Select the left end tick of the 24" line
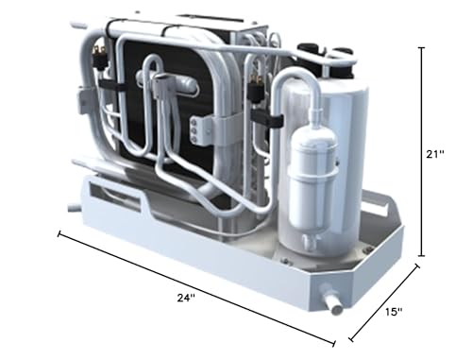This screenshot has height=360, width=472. tap(61, 232)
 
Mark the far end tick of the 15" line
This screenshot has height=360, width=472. tap(418, 268)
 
